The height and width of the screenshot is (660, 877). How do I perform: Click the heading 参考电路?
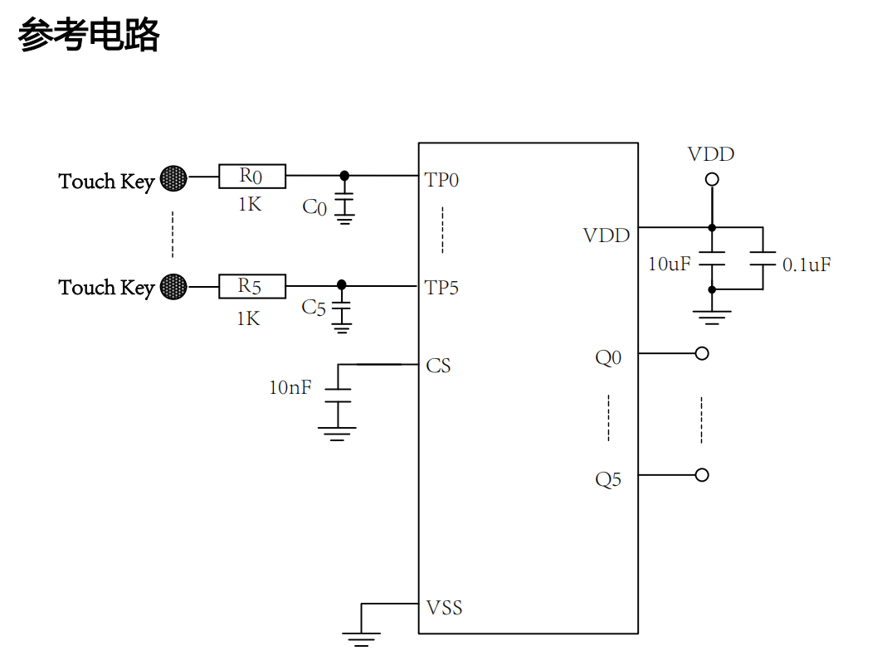click(88, 36)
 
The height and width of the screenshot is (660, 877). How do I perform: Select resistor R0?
click(252, 176)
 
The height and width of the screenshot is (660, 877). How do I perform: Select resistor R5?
click(252, 286)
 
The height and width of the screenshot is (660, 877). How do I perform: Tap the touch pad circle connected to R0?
click(173, 177)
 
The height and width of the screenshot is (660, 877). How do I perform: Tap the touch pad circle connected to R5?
click(173, 287)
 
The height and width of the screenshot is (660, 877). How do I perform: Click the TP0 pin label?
click(441, 180)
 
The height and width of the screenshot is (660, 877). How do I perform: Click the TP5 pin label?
click(441, 288)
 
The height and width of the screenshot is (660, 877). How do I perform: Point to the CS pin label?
click(438, 366)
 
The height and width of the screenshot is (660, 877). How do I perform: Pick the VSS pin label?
click(444, 608)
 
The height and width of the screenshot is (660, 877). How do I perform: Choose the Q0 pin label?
click(608, 357)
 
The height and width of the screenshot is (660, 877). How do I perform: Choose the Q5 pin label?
click(608, 479)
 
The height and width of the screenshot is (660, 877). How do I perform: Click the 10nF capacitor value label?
click(290, 387)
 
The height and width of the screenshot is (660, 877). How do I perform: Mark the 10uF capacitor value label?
click(669, 264)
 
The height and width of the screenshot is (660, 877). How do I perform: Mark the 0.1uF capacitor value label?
click(806, 265)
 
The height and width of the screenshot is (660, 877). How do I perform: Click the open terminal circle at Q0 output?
click(702, 353)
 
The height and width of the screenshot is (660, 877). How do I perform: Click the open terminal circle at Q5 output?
click(702, 475)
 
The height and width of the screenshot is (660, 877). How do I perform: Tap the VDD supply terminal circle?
click(711, 179)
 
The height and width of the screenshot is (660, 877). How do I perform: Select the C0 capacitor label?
click(314, 208)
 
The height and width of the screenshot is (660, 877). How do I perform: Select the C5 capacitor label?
click(314, 308)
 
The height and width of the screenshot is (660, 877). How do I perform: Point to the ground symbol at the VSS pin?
click(361, 637)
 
